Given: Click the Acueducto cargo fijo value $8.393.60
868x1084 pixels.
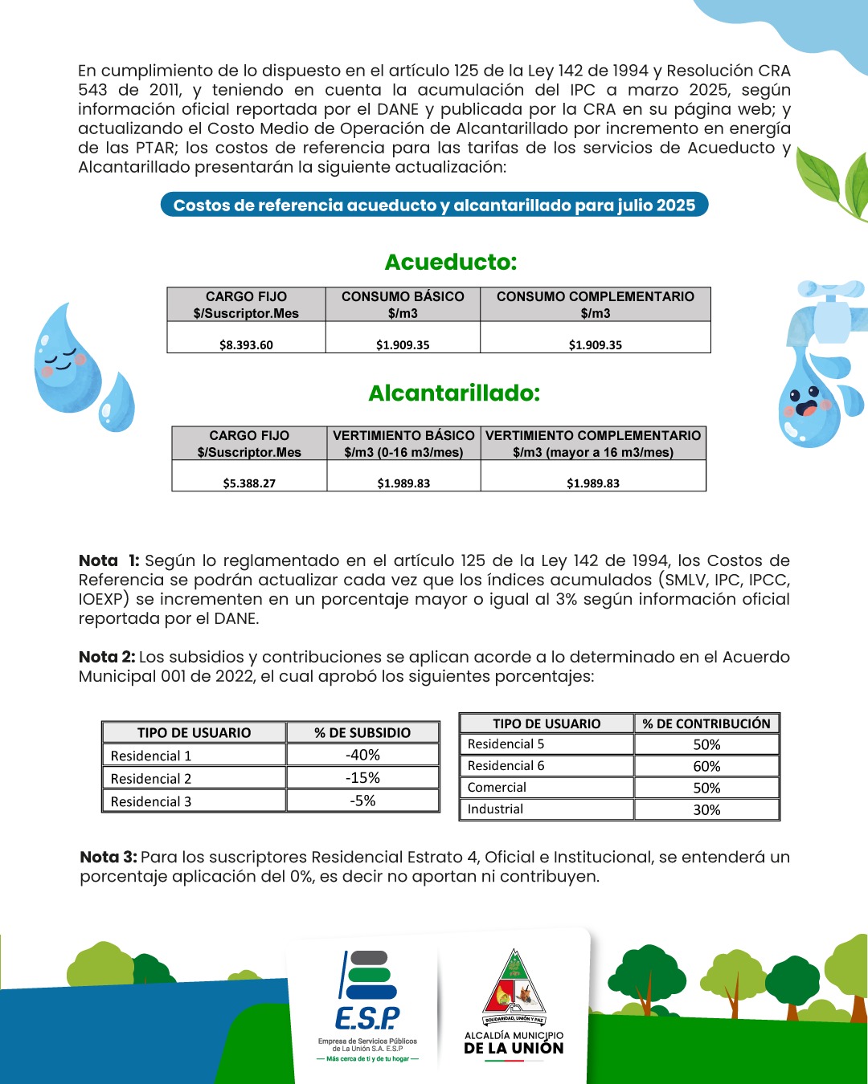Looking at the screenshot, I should (x=246, y=344).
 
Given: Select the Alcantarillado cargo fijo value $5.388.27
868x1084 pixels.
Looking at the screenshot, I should (x=249, y=483).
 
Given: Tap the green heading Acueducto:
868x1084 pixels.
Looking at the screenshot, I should (x=451, y=262).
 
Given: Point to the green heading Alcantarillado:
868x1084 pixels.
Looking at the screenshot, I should (x=454, y=393).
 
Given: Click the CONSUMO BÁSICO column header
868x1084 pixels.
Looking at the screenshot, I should (x=403, y=304).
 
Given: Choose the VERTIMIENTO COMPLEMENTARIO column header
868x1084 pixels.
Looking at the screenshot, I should (x=593, y=443).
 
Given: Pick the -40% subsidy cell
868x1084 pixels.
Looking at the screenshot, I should (x=363, y=755).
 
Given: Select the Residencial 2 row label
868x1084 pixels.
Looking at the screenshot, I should (x=151, y=778).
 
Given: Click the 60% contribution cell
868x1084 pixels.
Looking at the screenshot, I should (x=706, y=766).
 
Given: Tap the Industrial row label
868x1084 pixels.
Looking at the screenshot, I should (x=495, y=809).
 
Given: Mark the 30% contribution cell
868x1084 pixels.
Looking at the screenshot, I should (x=706, y=809).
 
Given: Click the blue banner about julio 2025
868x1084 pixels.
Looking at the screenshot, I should (x=434, y=205).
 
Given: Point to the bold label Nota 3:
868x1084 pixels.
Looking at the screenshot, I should (x=108, y=857).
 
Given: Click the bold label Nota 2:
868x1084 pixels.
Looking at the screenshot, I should (x=107, y=657).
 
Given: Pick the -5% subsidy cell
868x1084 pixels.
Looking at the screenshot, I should (x=363, y=801).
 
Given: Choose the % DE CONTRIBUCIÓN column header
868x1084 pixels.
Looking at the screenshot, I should (x=706, y=723).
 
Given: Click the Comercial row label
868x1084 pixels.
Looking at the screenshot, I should (x=497, y=788).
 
